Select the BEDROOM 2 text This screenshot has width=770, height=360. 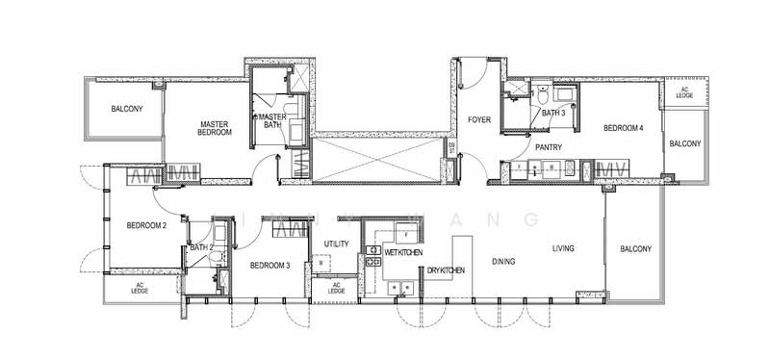coord(147,226)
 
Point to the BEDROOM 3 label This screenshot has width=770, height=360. coord(269,266)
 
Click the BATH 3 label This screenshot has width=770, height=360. coord(553,113)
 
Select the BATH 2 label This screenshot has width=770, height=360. coord(200,247)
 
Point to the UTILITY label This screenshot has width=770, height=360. coord(336,244)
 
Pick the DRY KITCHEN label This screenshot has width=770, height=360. coord(447,270)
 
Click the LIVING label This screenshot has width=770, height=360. coord(563,248)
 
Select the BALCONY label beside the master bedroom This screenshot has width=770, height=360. coord(126,109)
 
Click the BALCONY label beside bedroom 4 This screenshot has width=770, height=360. coord(685,143)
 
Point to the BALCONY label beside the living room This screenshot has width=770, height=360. coord(636,249)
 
